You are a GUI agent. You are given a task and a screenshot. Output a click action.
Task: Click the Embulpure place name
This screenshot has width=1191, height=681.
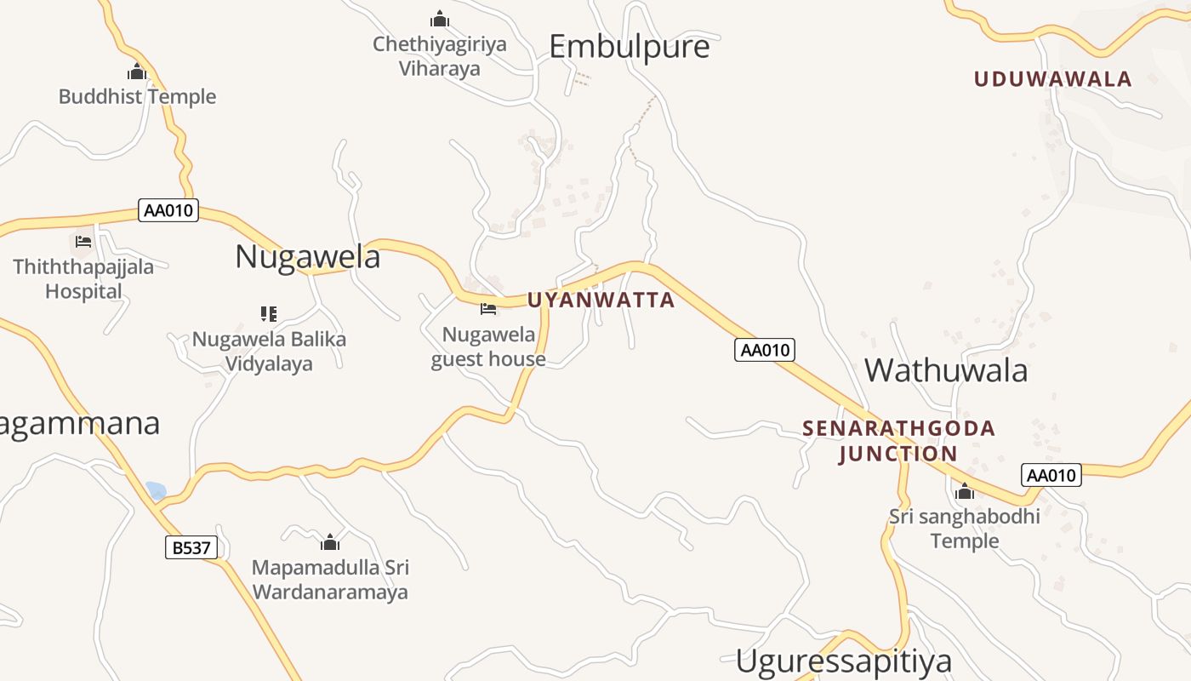(x=629, y=46)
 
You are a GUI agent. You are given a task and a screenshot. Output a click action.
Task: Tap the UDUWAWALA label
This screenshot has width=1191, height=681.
(x=1052, y=79)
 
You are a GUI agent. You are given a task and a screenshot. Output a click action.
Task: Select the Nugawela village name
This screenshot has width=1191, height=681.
(x=307, y=256)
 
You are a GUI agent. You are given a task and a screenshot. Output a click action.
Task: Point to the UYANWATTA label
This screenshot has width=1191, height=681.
(x=601, y=300)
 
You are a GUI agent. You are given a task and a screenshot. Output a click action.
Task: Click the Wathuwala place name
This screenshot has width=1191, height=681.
(x=946, y=370)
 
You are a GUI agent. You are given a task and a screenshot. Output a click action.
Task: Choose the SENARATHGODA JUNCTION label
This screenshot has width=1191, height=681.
(x=898, y=440)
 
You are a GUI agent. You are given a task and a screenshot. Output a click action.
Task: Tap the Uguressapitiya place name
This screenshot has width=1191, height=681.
(x=843, y=661)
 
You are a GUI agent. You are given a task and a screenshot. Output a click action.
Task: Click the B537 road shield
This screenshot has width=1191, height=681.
(x=191, y=547)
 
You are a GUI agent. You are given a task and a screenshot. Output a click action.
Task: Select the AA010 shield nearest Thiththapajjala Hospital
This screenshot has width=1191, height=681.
(x=168, y=210)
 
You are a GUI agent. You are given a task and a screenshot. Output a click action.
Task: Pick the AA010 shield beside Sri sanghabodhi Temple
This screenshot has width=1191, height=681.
(x=1051, y=475)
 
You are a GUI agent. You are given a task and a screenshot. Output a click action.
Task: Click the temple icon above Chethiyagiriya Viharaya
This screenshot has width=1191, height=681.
(x=440, y=18)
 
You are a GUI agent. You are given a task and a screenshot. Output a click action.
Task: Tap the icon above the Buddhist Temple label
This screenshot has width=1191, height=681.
(x=137, y=72)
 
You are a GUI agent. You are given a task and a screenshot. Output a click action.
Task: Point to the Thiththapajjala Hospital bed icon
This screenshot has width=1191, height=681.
(x=83, y=242)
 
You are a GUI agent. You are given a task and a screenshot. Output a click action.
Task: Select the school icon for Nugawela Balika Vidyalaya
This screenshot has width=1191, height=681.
(x=269, y=314)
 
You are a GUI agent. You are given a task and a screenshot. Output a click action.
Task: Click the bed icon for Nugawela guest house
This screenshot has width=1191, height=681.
(x=487, y=309)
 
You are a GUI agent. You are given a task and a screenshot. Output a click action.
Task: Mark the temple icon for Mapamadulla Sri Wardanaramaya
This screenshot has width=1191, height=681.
(x=330, y=542)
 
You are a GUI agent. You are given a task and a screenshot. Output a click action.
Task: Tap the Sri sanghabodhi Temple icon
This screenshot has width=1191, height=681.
(x=964, y=491)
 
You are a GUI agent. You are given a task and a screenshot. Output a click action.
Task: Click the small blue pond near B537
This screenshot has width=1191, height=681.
(x=156, y=490)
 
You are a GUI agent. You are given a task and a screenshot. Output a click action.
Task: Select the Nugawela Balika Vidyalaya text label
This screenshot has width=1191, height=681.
(x=269, y=352)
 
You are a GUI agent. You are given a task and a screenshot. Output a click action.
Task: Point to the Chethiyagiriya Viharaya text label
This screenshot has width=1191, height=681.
(x=440, y=56)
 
